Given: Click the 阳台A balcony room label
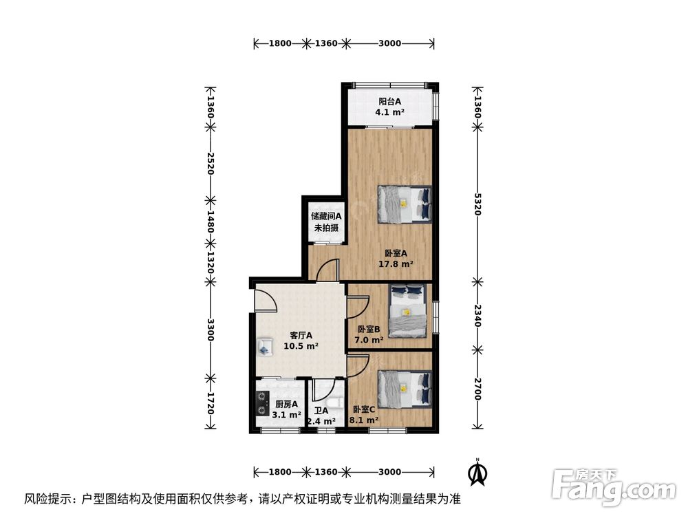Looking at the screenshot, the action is click(x=389, y=101).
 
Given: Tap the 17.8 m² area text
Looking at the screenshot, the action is click(x=396, y=264).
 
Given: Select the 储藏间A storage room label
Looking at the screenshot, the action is click(x=326, y=216).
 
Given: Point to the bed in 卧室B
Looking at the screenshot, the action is click(x=407, y=311).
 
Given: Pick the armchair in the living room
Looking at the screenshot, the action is click(x=265, y=347).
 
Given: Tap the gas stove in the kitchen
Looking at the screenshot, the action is click(x=262, y=403).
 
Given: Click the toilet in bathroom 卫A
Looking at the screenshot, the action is click(x=336, y=402).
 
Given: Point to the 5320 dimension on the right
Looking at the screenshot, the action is click(x=478, y=204).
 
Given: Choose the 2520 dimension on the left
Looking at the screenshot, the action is click(x=210, y=164).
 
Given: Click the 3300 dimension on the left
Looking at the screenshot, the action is click(x=210, y=330).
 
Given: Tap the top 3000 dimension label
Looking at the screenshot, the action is click(x=389, y=43).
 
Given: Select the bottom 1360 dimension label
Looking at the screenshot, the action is click(x=326, y=472).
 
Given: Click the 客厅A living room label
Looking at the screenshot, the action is click(x=301, y=336).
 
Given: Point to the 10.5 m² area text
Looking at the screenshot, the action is click(x=301, y=346).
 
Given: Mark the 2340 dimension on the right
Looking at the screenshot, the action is click(x=478, y=316).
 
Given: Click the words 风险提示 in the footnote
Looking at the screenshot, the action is click(x=47, y=499).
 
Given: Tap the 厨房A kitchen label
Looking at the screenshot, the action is click(x=286, y=404).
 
